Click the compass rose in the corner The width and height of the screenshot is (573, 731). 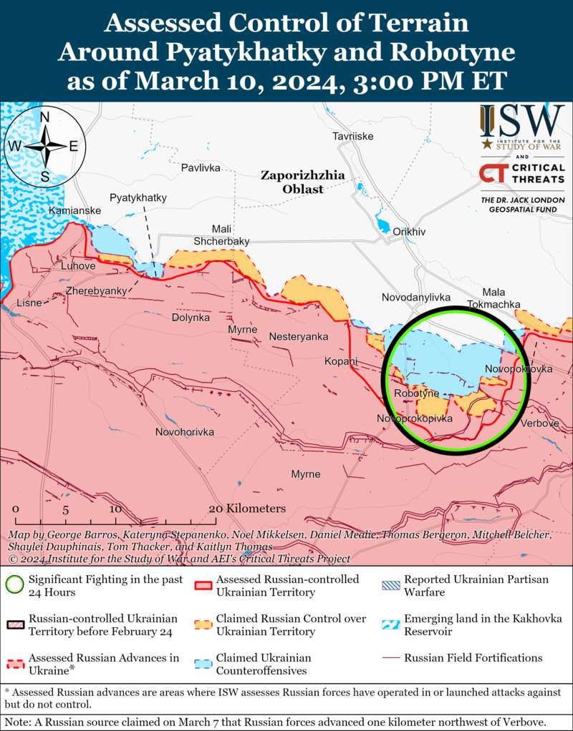click(44, 146)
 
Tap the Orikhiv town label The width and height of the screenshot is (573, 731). click(409, 232)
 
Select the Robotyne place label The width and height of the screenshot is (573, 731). click(416, 394)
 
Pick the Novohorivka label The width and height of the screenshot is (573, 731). click(185, 432)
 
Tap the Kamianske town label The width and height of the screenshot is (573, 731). click(74, 211)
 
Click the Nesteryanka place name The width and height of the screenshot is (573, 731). click(299, 336)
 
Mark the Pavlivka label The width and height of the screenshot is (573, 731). click(201, 168)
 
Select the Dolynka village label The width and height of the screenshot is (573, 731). click(191, 317)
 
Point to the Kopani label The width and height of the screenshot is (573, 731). click(340, 361)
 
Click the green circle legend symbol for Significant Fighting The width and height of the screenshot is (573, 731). click(14, 585)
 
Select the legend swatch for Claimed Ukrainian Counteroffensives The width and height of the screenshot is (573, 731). click(203, 664)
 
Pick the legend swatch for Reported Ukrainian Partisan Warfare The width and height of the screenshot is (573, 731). click(391, 585)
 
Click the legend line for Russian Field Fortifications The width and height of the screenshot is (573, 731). click(391, 658)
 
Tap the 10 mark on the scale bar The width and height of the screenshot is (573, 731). click(115, 509)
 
